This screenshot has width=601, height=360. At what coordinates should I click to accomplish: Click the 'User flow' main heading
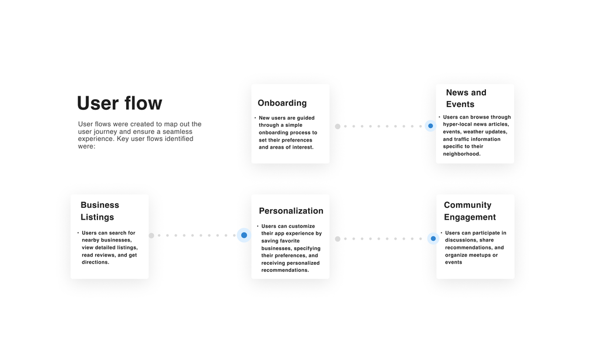120,103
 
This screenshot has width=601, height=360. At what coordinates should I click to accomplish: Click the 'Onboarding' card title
282,103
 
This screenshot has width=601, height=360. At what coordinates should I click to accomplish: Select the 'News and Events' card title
466,98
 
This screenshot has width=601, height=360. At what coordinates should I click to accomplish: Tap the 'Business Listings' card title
100,211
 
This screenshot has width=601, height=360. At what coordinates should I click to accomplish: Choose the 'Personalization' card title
291,211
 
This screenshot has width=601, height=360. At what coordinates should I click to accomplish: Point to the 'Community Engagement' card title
470,211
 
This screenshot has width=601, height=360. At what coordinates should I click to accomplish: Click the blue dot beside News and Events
430,126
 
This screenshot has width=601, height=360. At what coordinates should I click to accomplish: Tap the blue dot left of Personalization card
244,235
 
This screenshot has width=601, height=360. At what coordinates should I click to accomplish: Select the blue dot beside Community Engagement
433,238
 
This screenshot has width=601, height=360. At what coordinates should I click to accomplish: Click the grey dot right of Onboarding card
337,126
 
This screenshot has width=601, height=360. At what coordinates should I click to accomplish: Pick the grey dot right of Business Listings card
151,235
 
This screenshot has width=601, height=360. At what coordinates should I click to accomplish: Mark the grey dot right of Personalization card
337,239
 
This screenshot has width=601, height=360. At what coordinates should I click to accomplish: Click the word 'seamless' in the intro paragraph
177,132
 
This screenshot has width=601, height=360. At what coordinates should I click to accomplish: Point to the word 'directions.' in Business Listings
96,263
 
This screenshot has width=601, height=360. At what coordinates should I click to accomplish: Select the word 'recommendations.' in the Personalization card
285,270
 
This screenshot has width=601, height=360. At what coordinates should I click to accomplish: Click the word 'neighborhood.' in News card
462,154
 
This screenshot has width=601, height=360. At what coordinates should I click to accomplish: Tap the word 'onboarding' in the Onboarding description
273,133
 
